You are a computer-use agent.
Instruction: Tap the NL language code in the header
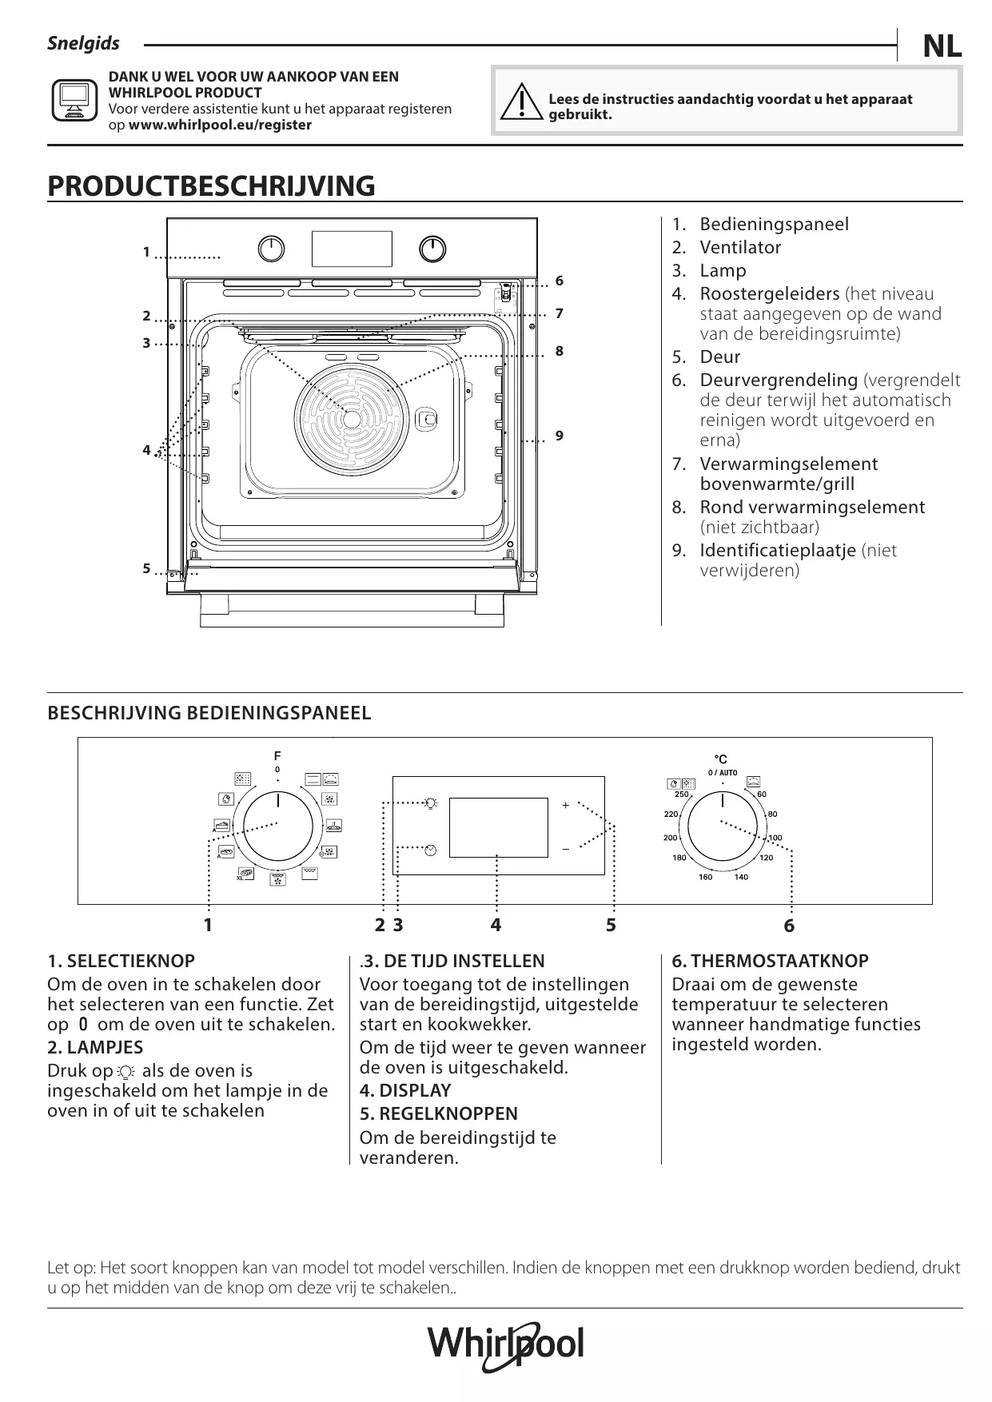(942, 48)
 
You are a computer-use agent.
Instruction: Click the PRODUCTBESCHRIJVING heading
(211, 186)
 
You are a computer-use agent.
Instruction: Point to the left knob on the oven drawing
(272, 249)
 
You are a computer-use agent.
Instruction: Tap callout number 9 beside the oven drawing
(560, 436)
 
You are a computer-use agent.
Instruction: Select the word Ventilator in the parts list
(740, 248)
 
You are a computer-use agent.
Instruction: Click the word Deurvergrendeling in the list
(779, 380)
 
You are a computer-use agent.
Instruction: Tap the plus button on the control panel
(565, 805)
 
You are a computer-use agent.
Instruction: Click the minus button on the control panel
(565, 848)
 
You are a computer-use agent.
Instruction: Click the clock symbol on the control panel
(432, 849)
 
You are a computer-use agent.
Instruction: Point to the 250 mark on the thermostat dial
(681, 795)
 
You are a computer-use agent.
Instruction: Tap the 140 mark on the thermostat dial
(741, 877)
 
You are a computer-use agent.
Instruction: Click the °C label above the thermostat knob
(721, 759)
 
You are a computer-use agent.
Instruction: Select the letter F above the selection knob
(277, 755)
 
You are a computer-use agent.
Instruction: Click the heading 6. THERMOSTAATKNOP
(770, 962)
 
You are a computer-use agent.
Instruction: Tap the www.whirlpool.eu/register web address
(220, 125)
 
